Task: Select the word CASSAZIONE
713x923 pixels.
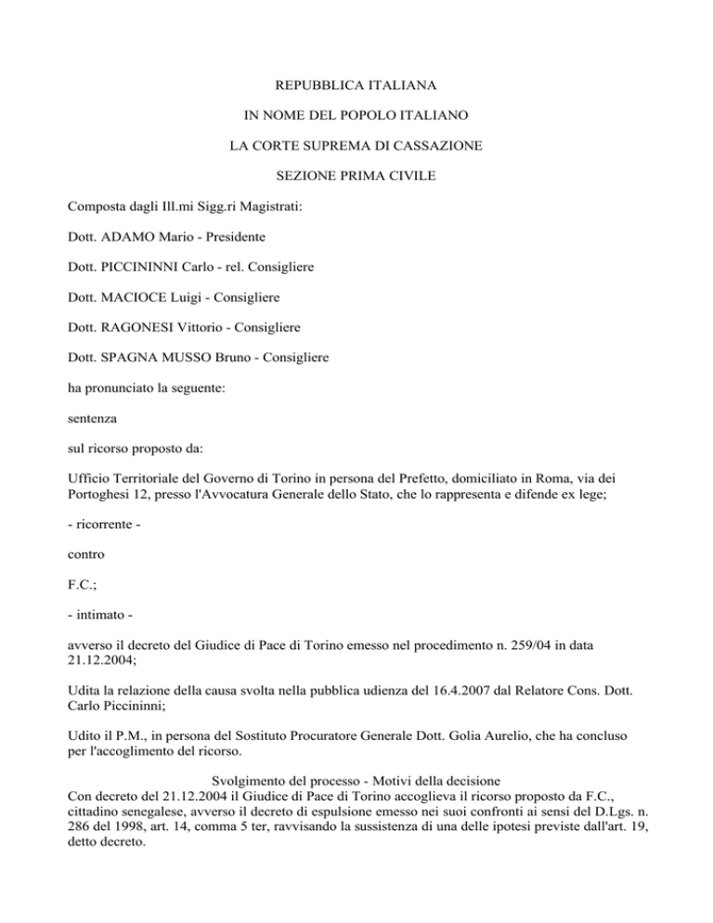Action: pos(431,146)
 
